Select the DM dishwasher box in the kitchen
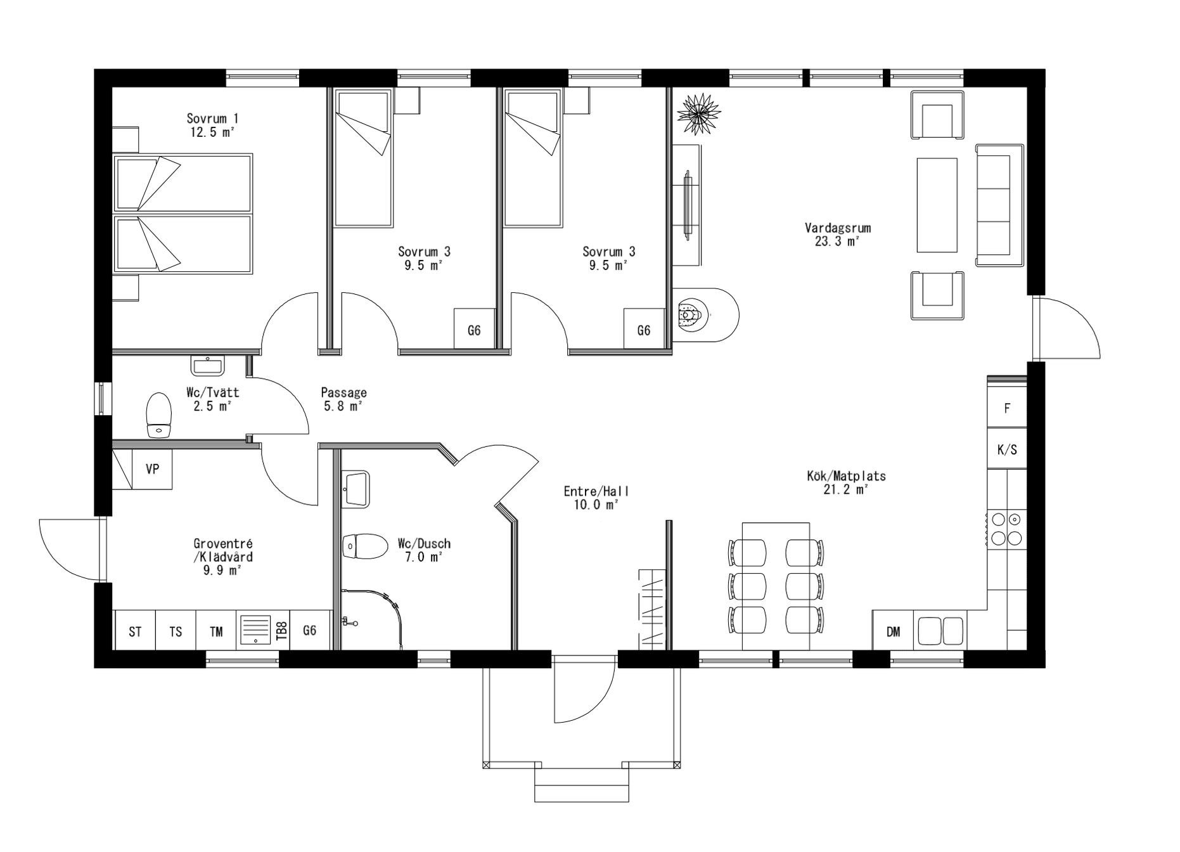(893, 631)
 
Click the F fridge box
(1007, 408)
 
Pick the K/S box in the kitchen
(1007, 449)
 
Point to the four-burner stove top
(1006, 529)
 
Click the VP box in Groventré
(152, 469)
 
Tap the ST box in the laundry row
(135, 631)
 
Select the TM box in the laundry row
(216, 631)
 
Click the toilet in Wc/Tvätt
(159, 415)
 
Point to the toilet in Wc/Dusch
(366, 546)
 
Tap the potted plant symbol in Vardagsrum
(698, 113)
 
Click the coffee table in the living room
(937, 205)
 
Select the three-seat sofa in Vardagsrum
(999, 205)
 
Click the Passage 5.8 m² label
(343, 399)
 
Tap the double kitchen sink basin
(940, 631)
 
